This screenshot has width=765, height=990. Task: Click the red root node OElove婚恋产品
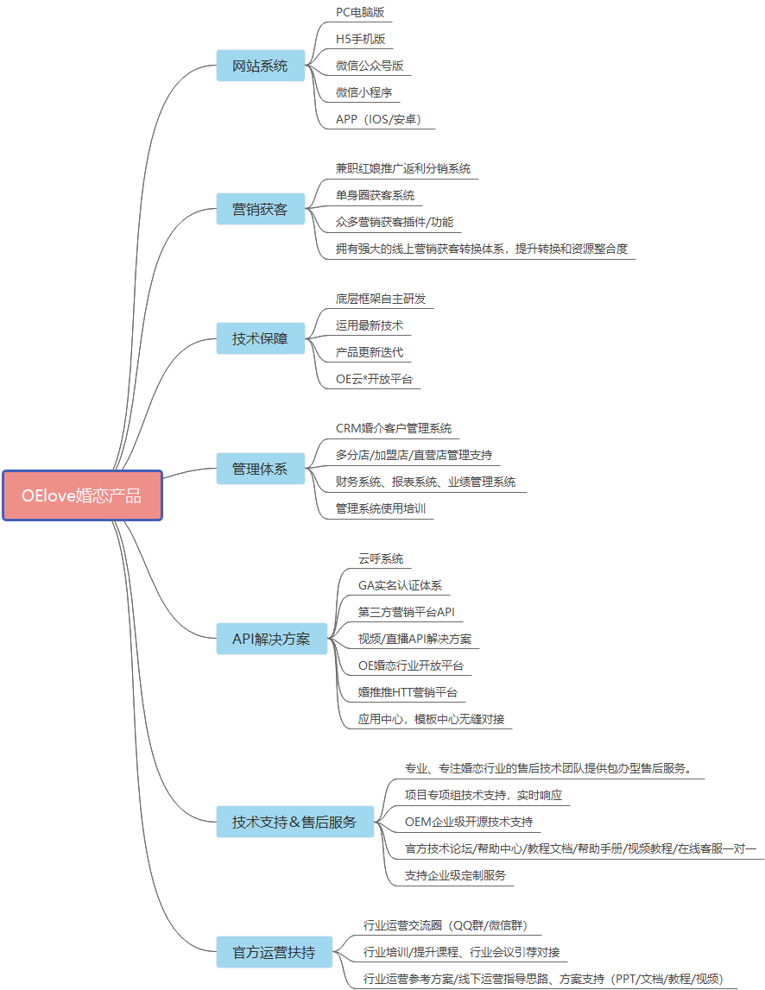pyautogui.click(x=82, y=495)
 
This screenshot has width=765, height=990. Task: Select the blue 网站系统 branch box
pyautogui.click(x=260, y=66)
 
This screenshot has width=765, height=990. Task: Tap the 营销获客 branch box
pyautogui.click(x=260, y=209)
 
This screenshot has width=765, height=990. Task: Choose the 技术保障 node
pyautogui.click(x=260, y=338)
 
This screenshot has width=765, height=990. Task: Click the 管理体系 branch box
pyautogui.click(x=260, y=470)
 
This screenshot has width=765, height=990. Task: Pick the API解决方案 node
pyautogui.click(x=271, y=640)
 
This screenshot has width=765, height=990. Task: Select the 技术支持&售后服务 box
pyautogui.click(x=294, y=822)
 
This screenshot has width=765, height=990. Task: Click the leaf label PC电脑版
pyautogui.click(x=360, y=12)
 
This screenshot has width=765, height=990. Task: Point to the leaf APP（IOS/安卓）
pyautogui.click(x=378, y=119)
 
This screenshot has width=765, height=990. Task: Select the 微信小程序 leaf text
pyautogui.click(x=365, y=92)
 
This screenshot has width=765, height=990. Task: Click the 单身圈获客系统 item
pyautogui.click(x=375, y=195)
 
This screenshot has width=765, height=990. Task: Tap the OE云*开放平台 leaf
pyautogui.click(x=374, y=378)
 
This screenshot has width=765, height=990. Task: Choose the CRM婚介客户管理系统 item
pyautogui.click(x=393, y=428)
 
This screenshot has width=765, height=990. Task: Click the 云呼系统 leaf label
pyautogui.click(x=381, y=558)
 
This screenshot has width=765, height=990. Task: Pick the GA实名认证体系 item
pyautogui.click(x=400, y=585)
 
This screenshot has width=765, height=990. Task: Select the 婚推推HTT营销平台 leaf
pyautogui.click(x=408, y=692)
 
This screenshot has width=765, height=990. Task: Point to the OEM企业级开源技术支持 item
pyautogui.click(x=469, y=821)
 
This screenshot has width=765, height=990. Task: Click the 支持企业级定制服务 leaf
pyautogui.click(x=455, y=874)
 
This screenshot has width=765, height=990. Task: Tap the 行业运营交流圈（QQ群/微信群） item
pyautogui.click(x=445, y=926)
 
